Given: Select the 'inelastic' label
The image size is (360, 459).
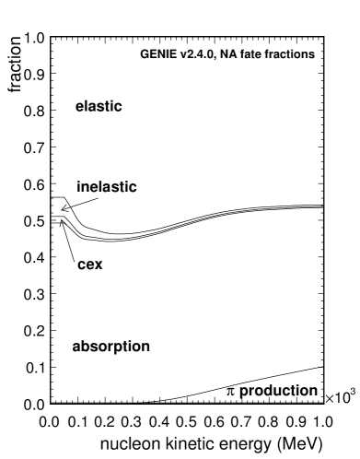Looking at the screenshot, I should tap(106, 186).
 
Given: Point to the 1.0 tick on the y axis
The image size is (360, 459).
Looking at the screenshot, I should tap(35, 38).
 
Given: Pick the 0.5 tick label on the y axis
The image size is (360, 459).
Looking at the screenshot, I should tap(35, 221).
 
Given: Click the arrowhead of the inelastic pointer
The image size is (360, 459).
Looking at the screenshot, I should tap(63, 209).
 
